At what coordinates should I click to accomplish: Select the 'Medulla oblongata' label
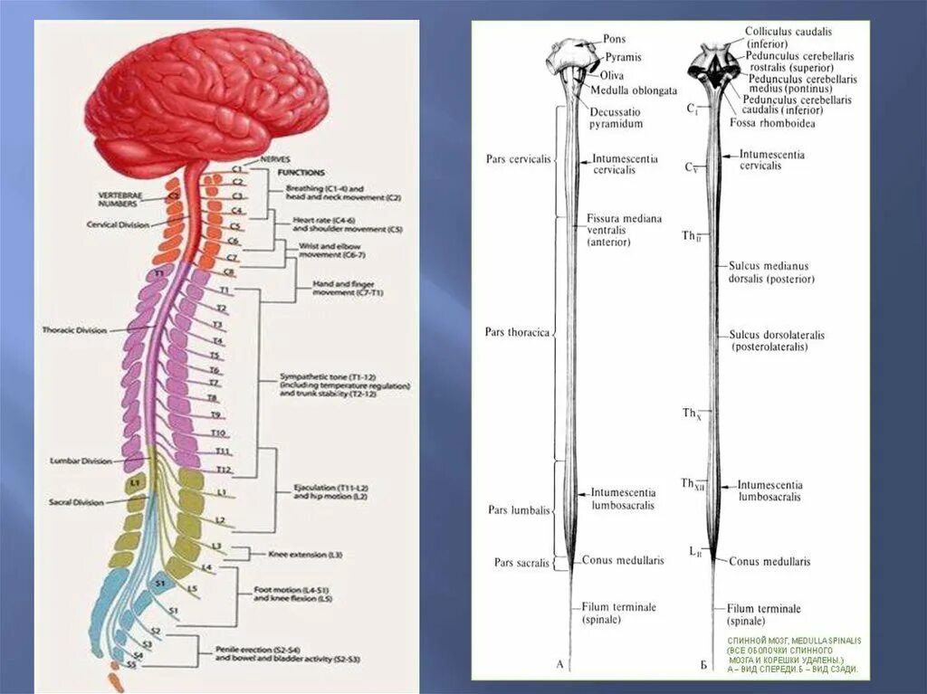pyautogui.click(x=634, y=90)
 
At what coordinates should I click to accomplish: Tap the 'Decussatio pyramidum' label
pyautogui.click(x=617, y=117)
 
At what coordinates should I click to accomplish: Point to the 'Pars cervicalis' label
pyautogui.click(x=518, y=159)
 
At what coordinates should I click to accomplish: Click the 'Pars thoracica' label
pyautogui.click(x=517, y=332)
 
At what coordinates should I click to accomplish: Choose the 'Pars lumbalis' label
pyautogui.click(x=519, y=510)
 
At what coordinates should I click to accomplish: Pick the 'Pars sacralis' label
pyautogui.click(x=521, y=562)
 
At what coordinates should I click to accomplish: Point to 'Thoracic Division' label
pyautogui.click(x=74, y=330)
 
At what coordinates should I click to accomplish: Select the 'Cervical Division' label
pyautogui.click(x=118, y=224)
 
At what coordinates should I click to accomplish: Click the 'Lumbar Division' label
pyautogui.click(x=81, y=461)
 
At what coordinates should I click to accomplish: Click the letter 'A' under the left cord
pyautogui.click(x=559, y=665)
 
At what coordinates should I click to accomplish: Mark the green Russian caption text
pyautogui.click(x=793, y=655)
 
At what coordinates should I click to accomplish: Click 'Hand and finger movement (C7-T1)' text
pyautogui.click(x=348, y=289)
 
